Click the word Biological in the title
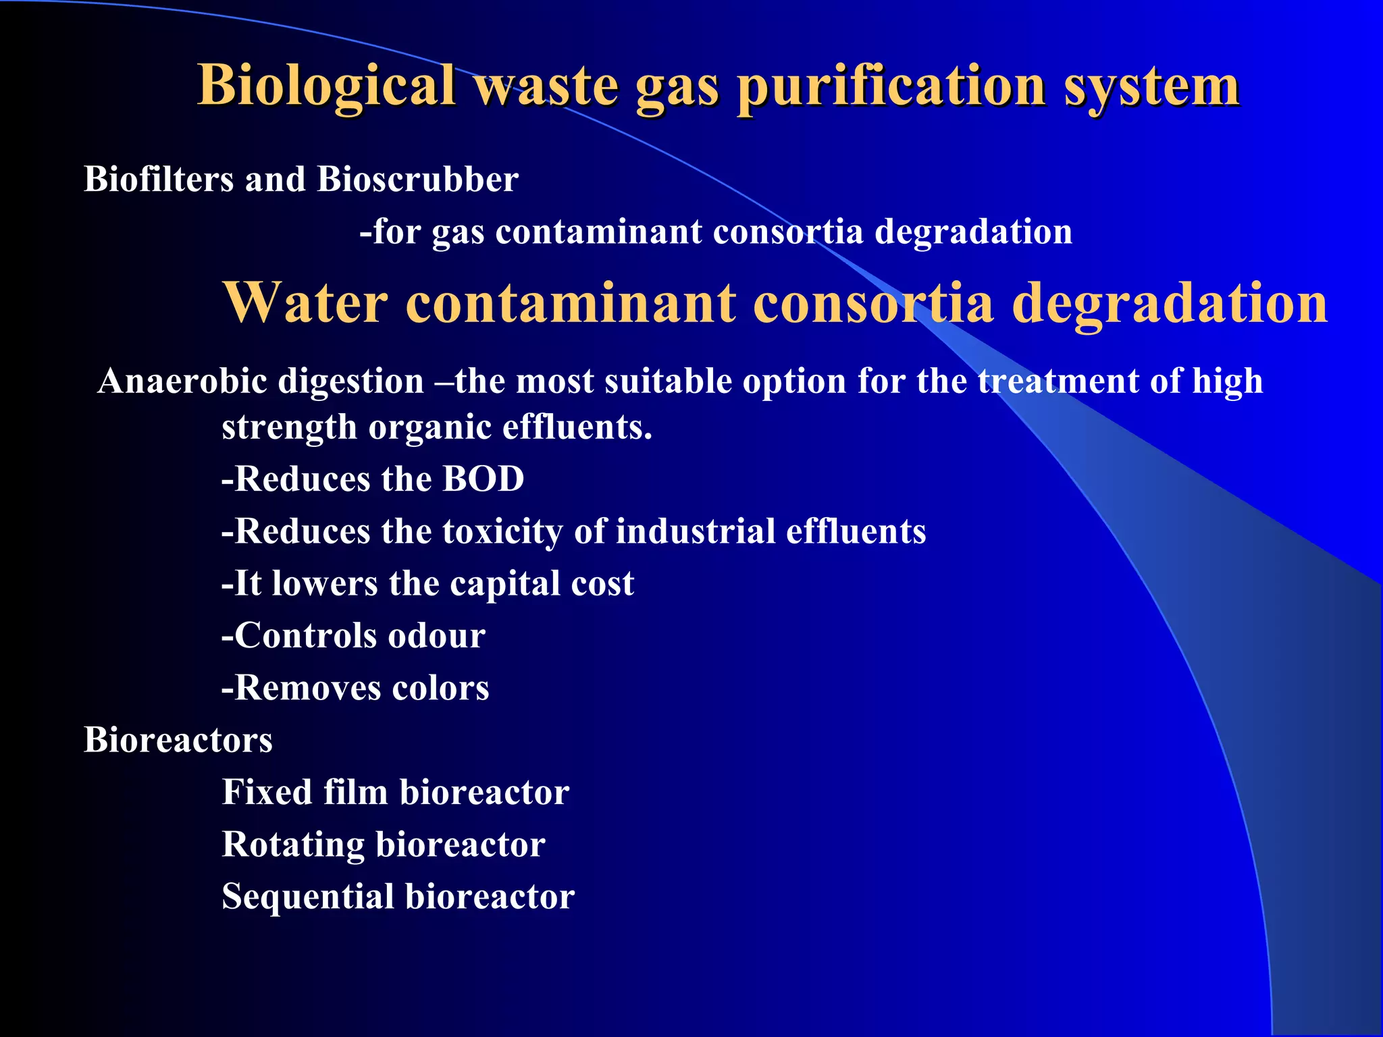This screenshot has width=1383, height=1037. pyautogui.click(x=326, y=86)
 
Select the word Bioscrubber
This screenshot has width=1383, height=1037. pyautogui.click(x=417, y=180)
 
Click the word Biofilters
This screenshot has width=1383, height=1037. pyautogui.click(x=159, y=180)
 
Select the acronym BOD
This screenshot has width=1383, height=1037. pyautogui.click(x=483, y=479)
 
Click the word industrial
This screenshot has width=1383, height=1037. pyautogui.click(x=696, y=531)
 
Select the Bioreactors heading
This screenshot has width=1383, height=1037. pyautogui.click(x=178, y=740)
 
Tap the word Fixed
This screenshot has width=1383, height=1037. pyautogui.click(x=267, y=792)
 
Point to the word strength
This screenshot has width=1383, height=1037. pyautogui.click(x=289, y=428)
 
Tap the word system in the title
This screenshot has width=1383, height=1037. pyautogui.click(x=1151, y=86)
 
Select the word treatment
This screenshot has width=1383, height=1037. pyautogui.click(x=1058, y=381)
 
